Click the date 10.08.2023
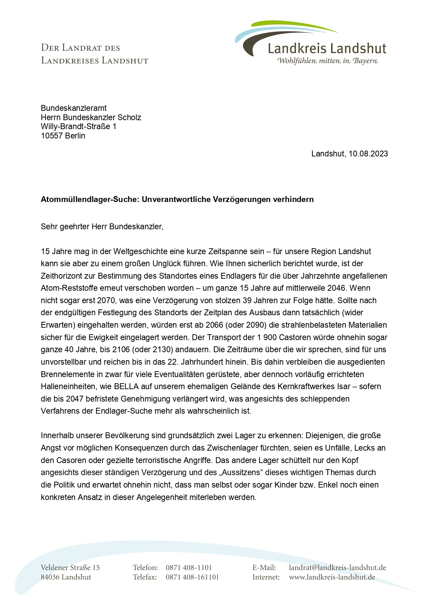368,154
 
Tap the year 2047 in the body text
75,399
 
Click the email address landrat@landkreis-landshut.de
337,567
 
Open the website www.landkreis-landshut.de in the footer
332,577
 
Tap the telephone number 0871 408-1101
189,567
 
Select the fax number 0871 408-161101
192,577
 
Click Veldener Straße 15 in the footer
70,567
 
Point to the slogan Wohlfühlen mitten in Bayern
327,61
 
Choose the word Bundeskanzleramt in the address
74,108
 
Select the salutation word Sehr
49,227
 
